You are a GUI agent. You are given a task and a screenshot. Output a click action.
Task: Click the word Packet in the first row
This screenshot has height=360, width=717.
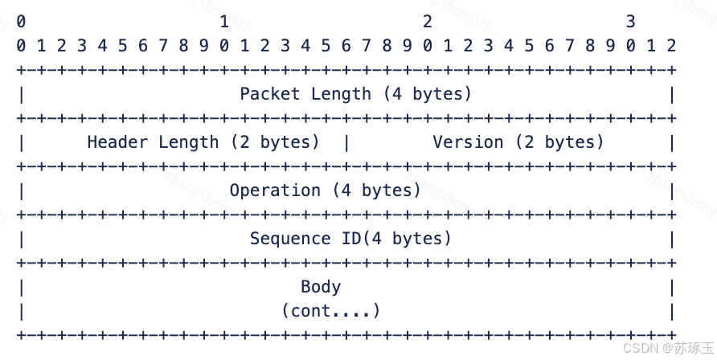tap(270, 94)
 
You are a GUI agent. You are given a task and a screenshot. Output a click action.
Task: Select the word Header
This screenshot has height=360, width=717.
tap(117, 142)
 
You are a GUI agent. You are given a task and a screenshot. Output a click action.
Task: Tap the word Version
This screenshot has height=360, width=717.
tap(468, 142)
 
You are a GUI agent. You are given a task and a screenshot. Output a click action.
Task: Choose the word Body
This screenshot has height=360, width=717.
tap(321, 287)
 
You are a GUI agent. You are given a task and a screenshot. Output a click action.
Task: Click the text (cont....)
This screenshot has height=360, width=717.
tap(330, 310)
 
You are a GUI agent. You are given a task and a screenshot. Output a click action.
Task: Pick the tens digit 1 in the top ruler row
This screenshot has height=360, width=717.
tap(224, 21)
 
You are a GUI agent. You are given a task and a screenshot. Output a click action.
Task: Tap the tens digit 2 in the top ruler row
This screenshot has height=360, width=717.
tap(428, 21)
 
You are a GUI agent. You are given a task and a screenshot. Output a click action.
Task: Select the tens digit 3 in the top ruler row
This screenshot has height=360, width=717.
tap(631, 21)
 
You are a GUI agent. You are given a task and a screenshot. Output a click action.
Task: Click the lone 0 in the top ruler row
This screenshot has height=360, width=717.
tap(21, 21)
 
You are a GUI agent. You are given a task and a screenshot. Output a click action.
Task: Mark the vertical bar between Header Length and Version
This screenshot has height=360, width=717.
tap(346, 142)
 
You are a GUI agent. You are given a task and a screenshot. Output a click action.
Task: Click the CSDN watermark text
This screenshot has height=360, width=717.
tap(641, 348)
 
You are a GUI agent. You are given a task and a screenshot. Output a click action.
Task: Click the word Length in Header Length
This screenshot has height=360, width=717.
tap(188, 142)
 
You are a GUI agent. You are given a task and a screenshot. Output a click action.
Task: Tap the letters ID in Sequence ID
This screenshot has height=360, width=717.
tap(346, 239)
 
